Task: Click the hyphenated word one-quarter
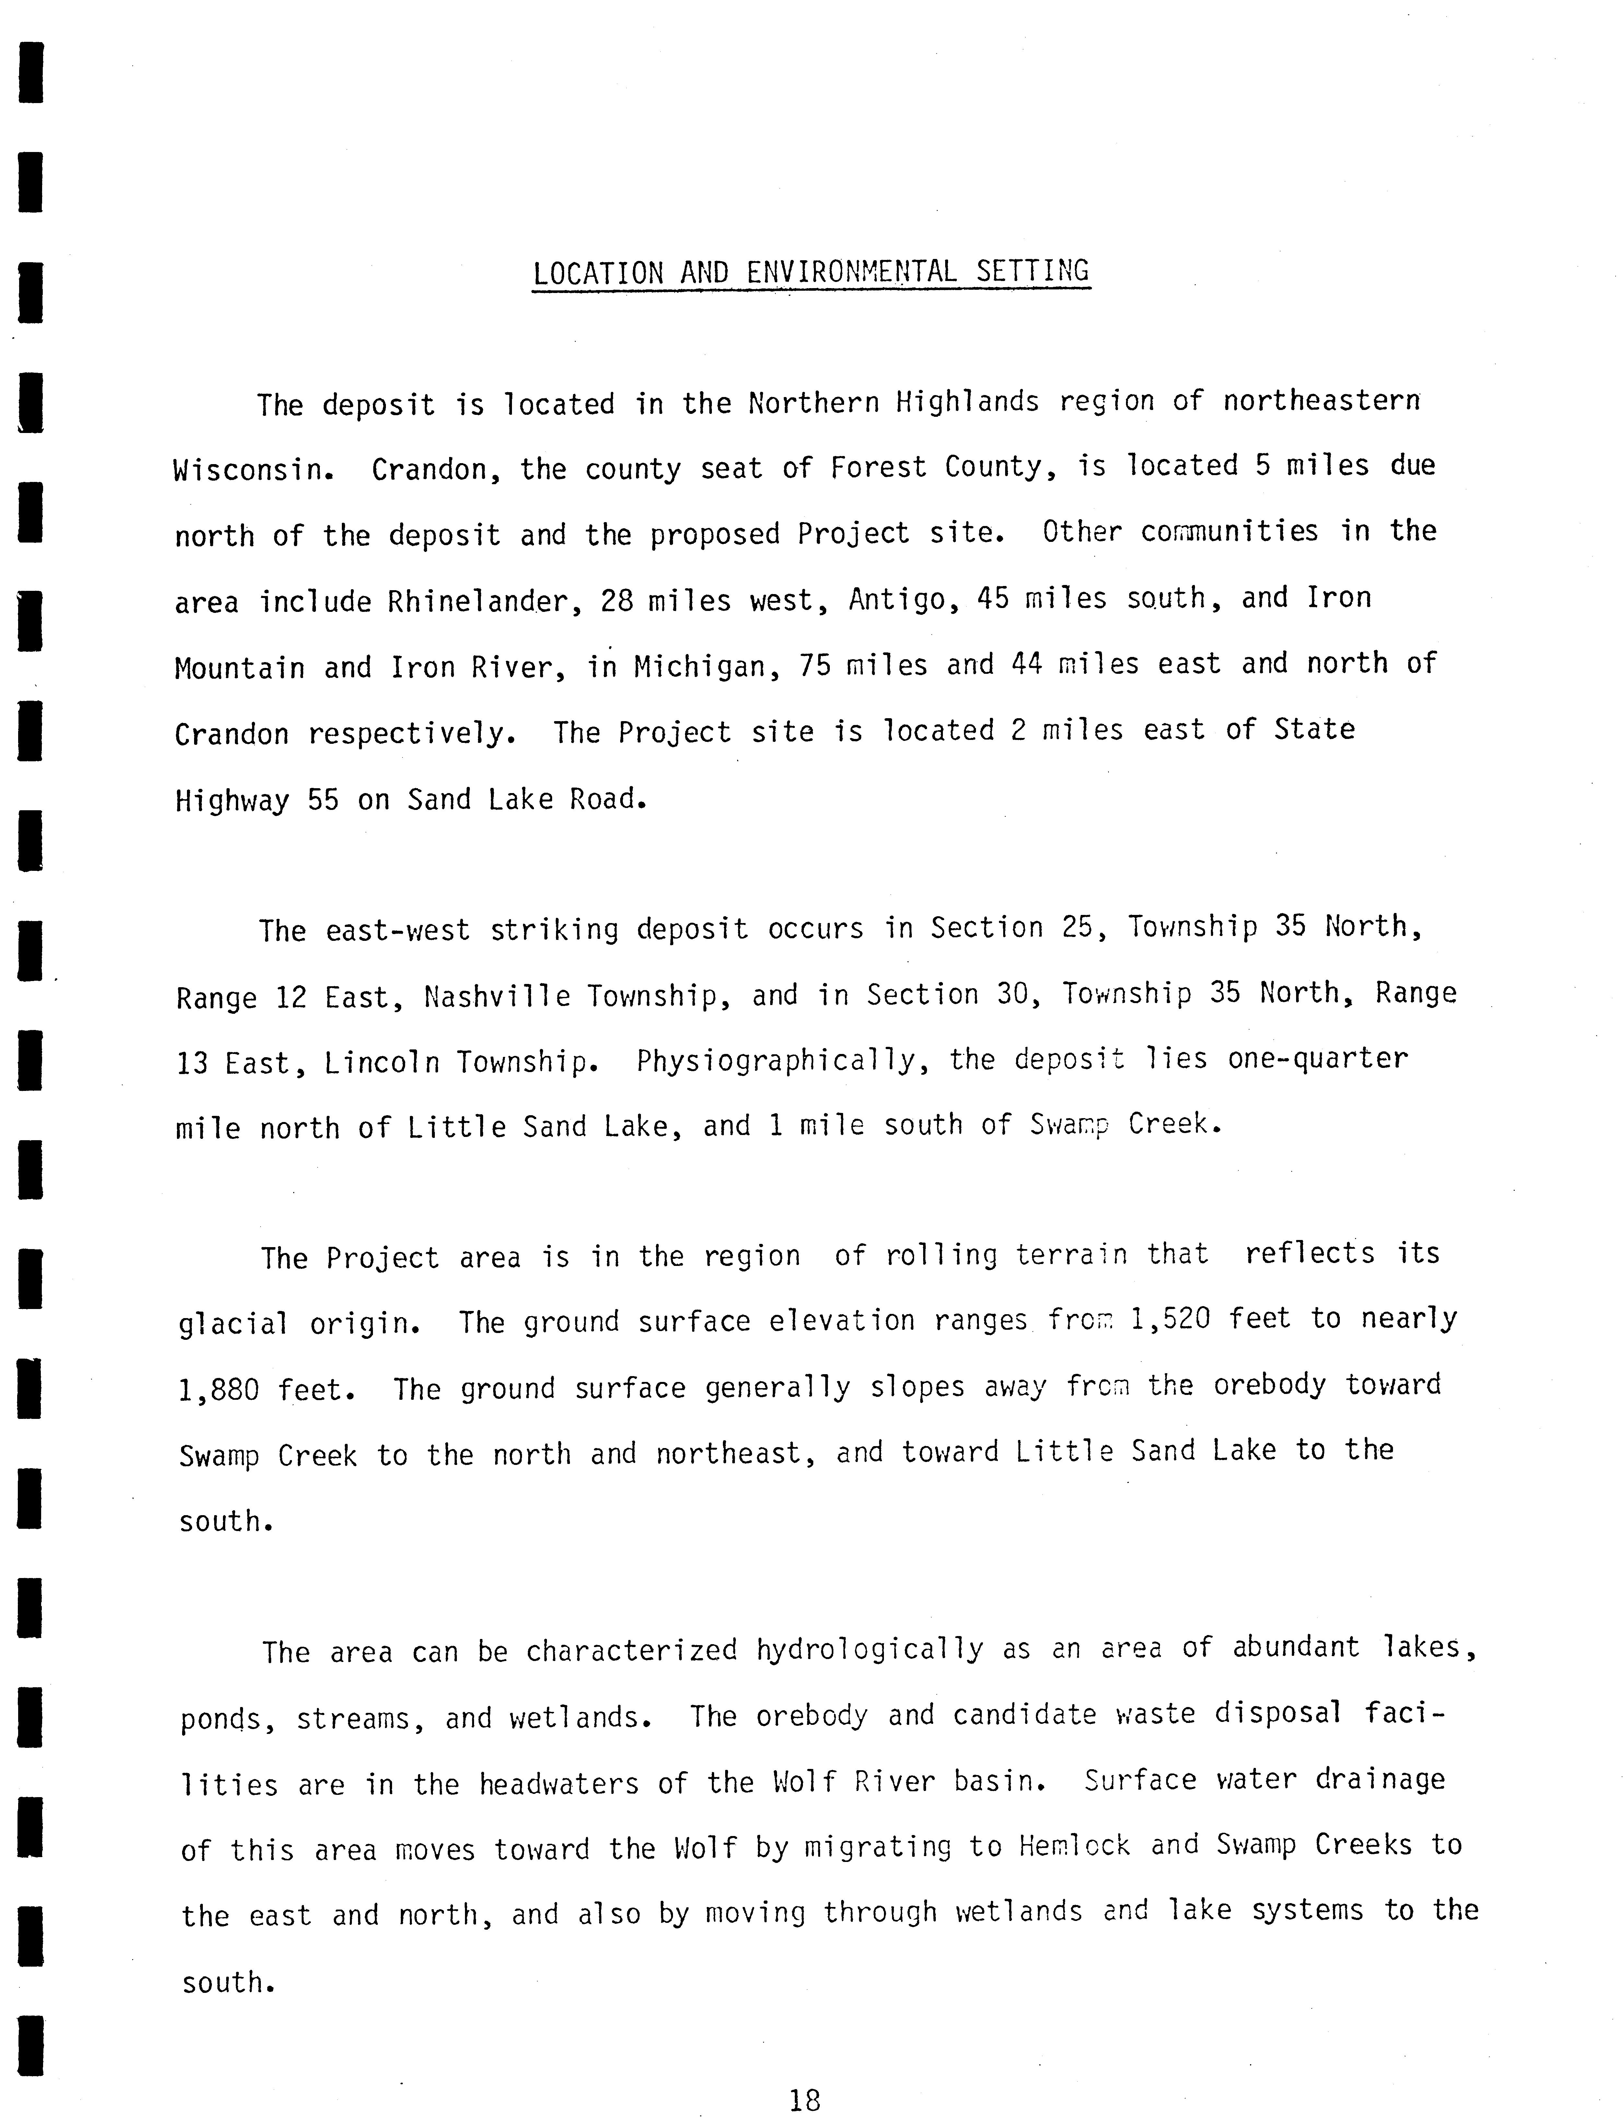click(1317, 1058)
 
